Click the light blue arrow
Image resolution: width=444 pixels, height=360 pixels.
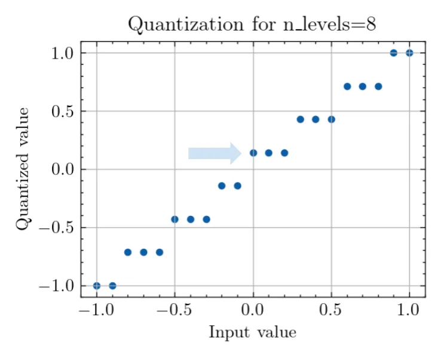click(x=215, y=153)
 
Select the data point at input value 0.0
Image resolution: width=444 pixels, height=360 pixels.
click(x=253, y=152)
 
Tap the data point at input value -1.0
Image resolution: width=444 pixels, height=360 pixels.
click(x=97, y=286)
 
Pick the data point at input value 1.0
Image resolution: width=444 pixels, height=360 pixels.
click(x=409, y=53)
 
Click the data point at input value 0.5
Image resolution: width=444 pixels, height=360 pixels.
click(x=332, y=119)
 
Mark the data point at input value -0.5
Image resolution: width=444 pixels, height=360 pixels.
click(x=175, y=219)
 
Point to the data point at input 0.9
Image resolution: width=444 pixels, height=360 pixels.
click(x=394, y=53)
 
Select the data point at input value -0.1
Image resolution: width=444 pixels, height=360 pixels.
click(x=237, y=185)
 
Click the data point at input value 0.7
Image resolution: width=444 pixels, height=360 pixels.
click(x=363, y=86)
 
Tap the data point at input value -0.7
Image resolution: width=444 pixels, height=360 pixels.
click(x=143, y=252)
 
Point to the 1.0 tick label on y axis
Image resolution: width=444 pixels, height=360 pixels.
click(x=62, y=53)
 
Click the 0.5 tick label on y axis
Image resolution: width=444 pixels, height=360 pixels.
click(x=62, y=111)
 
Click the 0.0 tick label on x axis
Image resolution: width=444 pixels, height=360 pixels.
click(x=253, y=311)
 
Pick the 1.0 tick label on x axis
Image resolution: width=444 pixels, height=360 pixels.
click(x=409, y=311)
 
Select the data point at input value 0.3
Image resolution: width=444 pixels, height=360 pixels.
click(x=300, y=119)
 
